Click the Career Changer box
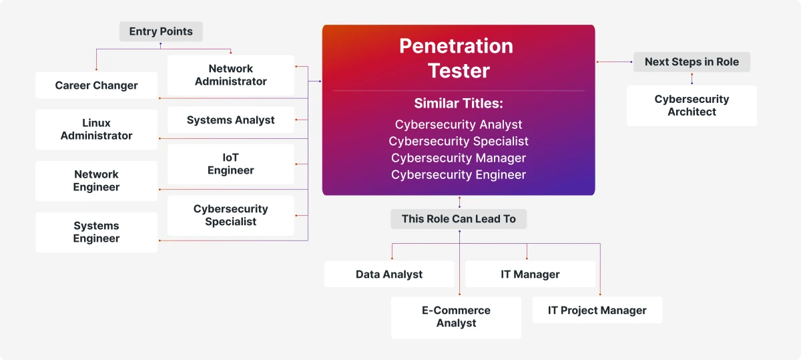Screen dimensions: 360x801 pos(96,85)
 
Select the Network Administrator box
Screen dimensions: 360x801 pos(230,75)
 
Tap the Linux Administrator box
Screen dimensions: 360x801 pos(96,130)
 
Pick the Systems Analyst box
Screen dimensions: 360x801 pos(230,120)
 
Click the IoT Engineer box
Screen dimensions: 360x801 pos(230,164)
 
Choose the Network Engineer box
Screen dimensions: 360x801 pos(96,181)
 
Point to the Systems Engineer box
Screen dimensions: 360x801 pos(96,232)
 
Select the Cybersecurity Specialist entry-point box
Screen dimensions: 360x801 pos(230,215)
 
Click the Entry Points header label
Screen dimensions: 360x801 pos(161,31)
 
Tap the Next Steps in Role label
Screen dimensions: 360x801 pos(692,62)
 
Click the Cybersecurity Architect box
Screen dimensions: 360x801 pos(692,106)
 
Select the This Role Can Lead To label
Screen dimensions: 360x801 pos(459,219)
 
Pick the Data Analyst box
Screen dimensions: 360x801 pos(389,274)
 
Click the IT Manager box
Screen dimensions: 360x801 pos(530,274)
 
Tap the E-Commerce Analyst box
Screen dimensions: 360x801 pos(456,317)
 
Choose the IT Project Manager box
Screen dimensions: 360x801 pos(597,310)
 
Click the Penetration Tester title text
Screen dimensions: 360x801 pos(459,58)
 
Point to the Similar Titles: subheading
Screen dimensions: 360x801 pos(459,104)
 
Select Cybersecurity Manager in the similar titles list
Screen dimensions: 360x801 pos(459,158)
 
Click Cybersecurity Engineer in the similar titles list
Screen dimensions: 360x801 pos(459,175)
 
